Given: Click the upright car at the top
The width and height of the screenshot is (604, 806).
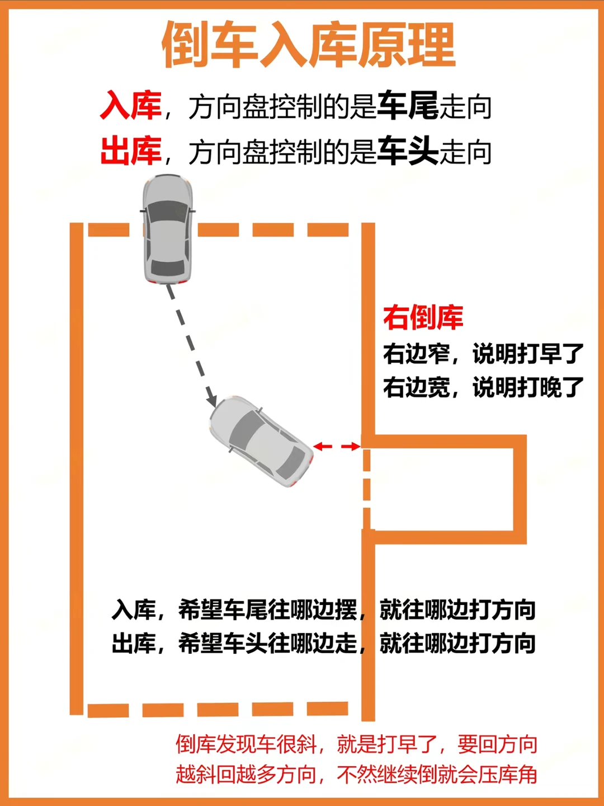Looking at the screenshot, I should (x=167, y=229).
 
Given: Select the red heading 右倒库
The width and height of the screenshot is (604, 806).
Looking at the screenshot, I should (x=423, y=317).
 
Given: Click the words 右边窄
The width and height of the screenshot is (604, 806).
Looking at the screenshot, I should (x=417, y=354).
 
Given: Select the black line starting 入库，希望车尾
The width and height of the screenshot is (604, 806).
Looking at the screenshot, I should (x=323, y=610).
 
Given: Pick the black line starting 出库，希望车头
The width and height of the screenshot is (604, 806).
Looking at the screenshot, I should (x=323, y=643).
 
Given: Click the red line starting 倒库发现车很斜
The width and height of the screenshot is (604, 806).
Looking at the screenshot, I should (x=357, y=744).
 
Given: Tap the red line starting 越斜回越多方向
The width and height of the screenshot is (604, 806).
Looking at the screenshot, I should (x=357, y=775).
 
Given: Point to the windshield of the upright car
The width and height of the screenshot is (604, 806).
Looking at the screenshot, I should (x=167, y=212).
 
